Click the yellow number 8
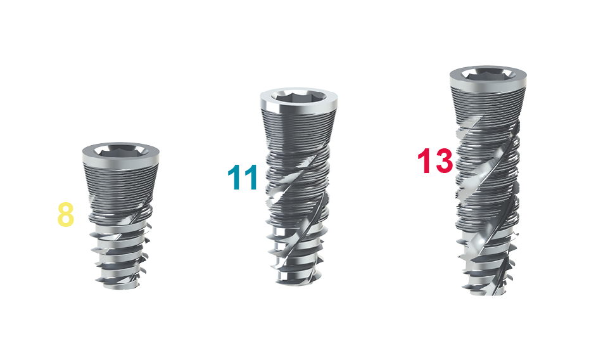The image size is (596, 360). [65, 215]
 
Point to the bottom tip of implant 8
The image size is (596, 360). [120, 287]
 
